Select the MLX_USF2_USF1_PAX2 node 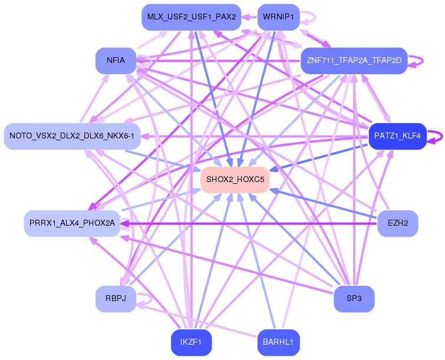pyautogui.click(x=192, y=17)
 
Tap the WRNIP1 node pyautogui.click(x=279, y=17)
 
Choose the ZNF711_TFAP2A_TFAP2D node pyautogui.click(x=354, y=61)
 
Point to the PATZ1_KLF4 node pyautogui.click(x=397, y=136)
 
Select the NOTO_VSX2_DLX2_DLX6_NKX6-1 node pyautogui.click(x=72, y=136)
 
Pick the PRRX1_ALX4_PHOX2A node pyautogui.click(x=72, y=223)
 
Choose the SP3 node pyautogui.click(x=354, y=299)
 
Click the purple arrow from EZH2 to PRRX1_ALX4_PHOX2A pyautogui.click(x=248, y=223)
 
